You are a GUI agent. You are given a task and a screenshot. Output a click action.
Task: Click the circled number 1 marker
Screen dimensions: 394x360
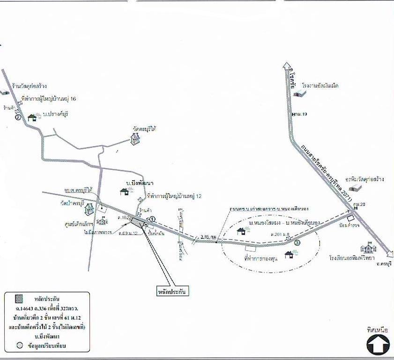(152, 225)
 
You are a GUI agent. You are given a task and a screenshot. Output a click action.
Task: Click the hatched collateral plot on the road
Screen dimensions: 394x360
(138, 222)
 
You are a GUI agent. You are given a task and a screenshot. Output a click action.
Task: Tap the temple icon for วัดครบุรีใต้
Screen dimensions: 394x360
(135, 138)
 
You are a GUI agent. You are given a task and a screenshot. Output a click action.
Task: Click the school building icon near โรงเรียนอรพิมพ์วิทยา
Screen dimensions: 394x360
(367, 248)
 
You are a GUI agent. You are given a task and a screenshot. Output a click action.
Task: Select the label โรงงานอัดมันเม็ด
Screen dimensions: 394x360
(320, 86)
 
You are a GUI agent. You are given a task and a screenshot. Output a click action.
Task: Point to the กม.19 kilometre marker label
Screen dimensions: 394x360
(296, 114)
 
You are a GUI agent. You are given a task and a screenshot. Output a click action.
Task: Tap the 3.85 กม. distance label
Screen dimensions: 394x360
(208, 237)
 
